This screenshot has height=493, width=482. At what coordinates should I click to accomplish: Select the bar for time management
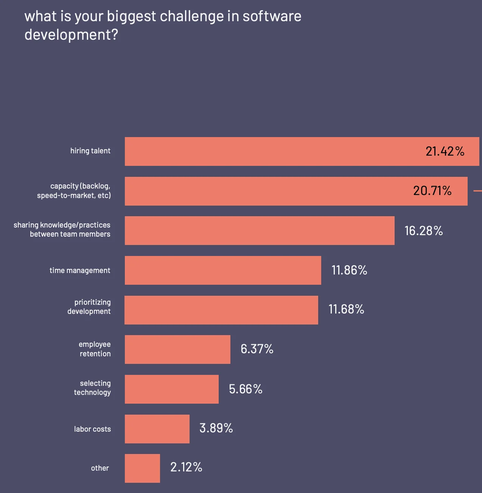pyautogui.click(x=223, y=270)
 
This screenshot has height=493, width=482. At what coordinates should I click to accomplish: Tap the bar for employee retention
pyautogui.click(x=177, y=349)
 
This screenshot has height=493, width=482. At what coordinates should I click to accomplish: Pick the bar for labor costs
pyautogui.click(x=157, y=429)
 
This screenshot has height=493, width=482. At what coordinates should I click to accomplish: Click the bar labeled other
pyautogui.click(x=142, y=468)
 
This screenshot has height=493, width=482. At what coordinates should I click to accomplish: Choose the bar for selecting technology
pyautogui.click(x=171, y=389)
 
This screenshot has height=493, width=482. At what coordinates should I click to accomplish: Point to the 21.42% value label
pyautogui.click(x=445, y=151)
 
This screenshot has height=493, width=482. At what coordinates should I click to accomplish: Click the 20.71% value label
pyautogui.click(x=432, y=190)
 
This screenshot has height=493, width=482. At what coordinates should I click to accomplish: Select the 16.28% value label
pyautogui.click(x=423, y=231)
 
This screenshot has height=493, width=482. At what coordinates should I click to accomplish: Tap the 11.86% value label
pyautogui.click(x=349, y=270)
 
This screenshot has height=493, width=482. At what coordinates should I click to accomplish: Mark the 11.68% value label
pyautogui.click(x=346, y=309)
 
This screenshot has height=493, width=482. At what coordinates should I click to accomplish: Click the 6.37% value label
pyautogui.click(x=257, y=349)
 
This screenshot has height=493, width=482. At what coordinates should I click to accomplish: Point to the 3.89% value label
pyautogui.click(x=216, y=428)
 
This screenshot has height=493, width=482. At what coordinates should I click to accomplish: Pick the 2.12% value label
pyautogui.click(x=186, y=467)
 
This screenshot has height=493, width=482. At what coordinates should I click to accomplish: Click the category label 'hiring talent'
pyautogui.click(x=90, y=151)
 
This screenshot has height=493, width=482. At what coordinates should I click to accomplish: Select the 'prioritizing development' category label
pyautogui.click(x=89, y=307)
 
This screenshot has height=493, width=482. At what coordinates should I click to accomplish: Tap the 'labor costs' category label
pyautogui.click(x=92, y=429)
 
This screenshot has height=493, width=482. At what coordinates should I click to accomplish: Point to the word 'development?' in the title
pyautogui.click(x=71, y=35)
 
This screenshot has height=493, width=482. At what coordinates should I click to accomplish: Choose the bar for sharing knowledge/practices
pyautogui.click(x=260, y=231)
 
